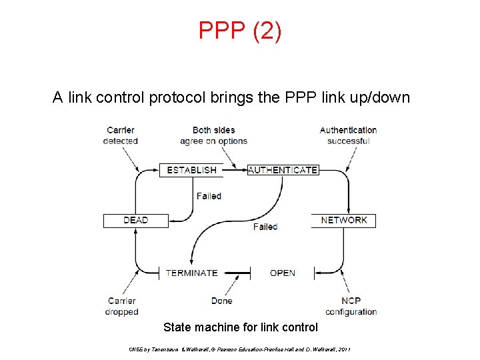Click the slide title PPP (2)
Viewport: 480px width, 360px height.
[x=240, y=31]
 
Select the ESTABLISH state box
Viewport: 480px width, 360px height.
[x=191, y=170]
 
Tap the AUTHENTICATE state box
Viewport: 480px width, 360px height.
[x=283, y=170]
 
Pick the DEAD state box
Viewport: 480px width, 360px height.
[x=135, y=220]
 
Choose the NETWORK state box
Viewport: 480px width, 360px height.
[x=344, y=220]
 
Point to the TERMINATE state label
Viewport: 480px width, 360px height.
[x=191, y=273]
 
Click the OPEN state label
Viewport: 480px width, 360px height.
[x=283, y=273]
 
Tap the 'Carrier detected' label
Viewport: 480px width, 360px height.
[x=121, y=135]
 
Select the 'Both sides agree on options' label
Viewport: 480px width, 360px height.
[x=213, y=135]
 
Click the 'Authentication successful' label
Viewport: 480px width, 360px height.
[x=348, y=135]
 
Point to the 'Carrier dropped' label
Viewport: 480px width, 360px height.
[x=121, y=306]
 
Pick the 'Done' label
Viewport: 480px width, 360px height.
[x=221, y=301]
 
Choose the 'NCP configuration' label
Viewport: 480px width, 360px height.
[x=351, y=306]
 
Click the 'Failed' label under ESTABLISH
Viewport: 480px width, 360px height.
[x=209, y=196]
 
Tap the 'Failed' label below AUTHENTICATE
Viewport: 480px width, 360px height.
[x=265, y=227]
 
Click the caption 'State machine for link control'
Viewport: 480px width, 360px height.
[x=241, y=327]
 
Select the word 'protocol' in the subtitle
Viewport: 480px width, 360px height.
[x=173, y=98]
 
